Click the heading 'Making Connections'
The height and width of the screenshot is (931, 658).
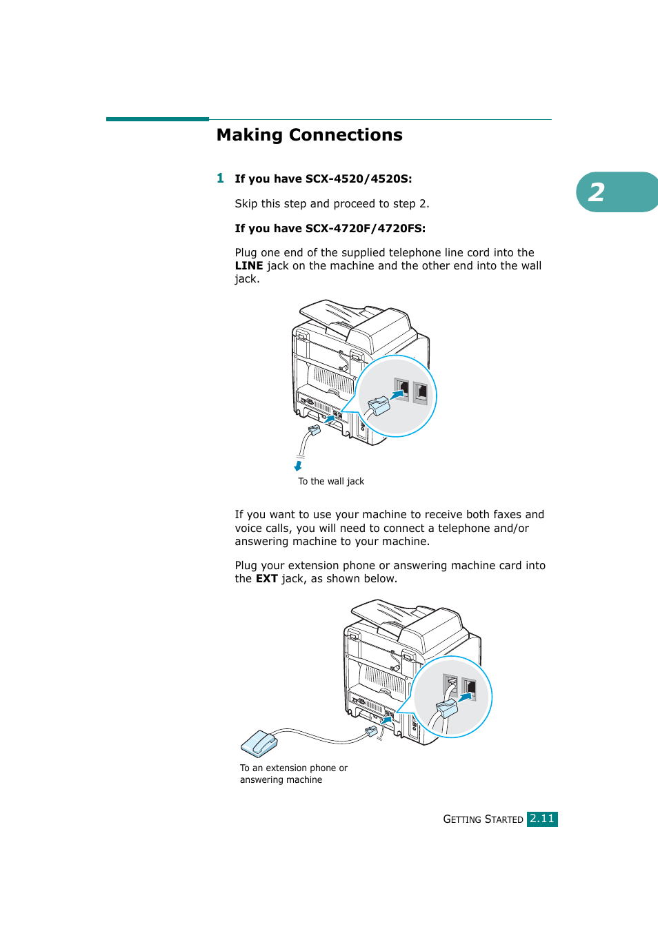(x=309, y=135)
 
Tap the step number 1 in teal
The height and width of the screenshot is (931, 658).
(x=220, y=178)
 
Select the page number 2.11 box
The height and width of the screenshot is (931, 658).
(x=542, y=819)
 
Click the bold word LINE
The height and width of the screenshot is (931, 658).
(x=248, y=266)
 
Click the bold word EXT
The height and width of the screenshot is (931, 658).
(x=266, y=579)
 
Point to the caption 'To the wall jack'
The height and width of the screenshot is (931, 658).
(x=331, y=482)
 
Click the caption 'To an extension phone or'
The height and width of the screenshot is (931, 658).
(x=294, y=768)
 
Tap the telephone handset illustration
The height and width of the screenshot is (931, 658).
(x=259, y=744)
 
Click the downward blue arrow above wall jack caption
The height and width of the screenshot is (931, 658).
(x=298, y=467)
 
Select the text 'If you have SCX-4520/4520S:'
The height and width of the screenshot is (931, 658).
(x=323, y=179)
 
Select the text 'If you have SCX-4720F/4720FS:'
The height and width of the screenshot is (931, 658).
(x=330, y=229)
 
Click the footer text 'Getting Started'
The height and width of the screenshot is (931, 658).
(x=483, y=819)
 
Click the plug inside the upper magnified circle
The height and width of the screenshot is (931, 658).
(x=379, y=406)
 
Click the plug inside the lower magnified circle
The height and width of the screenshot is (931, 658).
(x=447, y=708)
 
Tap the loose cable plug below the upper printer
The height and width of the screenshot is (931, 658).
(x=315, y=430)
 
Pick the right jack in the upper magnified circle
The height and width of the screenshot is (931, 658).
(x=421, y=393)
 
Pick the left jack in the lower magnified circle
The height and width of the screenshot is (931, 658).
(x=450, y=686)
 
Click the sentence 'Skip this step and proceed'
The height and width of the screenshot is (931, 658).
(x=332, y=204)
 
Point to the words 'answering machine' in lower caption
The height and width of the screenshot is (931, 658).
(x=281, y=780)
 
